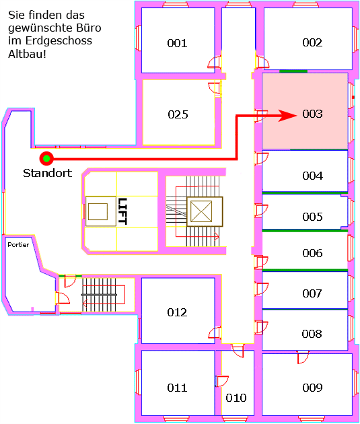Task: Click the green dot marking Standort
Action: pos(46,158)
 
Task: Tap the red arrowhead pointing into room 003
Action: pos(287,116)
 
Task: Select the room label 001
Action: pos(177,43)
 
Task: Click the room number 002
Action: pos(312,42)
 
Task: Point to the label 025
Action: pos(178,114)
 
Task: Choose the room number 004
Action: pos(312,176)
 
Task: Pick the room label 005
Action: pos(312,217)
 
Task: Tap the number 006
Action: pos(312,253)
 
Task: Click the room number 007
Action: pos(312,293)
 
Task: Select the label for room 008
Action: pos(312,334)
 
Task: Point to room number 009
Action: pos(312,388)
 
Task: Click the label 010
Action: pos(236,398)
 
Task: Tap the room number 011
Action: pos(177,388)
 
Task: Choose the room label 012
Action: pos(177,312)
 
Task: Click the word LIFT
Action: pos(122,211)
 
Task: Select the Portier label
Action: pos(18,245)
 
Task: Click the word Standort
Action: pos(48,173)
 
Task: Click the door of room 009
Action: pos(303,357)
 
